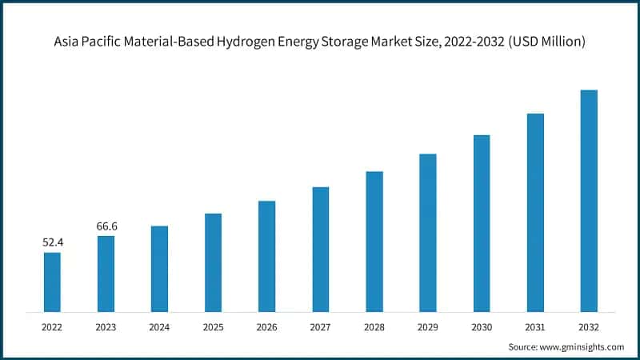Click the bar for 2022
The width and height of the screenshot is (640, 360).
52,282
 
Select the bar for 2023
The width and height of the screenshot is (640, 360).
106,273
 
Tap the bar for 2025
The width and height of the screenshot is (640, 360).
213,262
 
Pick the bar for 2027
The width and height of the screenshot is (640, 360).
320,249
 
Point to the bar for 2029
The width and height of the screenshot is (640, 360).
428,232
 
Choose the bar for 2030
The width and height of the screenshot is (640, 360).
482,222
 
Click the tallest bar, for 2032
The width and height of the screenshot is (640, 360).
589,200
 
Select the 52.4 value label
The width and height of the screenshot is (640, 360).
52,242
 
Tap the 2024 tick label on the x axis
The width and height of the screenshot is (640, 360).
159,326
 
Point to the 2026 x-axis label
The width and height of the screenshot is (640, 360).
266,326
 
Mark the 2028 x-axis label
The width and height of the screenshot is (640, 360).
374,326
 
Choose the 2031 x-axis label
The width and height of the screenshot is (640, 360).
535,326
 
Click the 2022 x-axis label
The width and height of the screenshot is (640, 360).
52,326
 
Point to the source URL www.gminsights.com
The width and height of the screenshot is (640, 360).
583,346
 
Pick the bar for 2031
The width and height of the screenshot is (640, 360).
535,212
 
